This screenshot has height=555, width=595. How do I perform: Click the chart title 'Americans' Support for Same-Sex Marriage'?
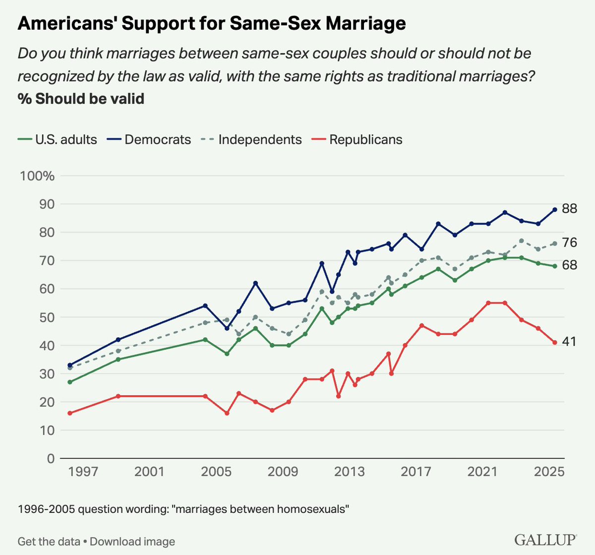pos(212,23)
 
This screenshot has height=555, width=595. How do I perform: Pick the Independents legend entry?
pos(253,140)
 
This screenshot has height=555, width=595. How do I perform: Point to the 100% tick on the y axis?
pos(37,176)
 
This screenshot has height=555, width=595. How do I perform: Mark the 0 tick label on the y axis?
pos(50,458)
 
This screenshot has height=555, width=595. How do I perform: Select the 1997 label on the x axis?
pos(82,471)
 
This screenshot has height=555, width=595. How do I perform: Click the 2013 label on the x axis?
pos(349,471)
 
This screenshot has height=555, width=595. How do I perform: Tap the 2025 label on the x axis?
pos(549,471)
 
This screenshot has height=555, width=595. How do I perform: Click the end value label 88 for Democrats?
pos(570,209)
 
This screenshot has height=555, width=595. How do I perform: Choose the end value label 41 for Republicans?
pos(569,342)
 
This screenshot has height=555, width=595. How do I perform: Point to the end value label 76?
pos(570,243)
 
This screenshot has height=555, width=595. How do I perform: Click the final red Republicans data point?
pos(555,342)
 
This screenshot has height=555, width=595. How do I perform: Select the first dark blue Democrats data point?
pos(70,365)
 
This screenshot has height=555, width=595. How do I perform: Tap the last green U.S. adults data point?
pos(555,266)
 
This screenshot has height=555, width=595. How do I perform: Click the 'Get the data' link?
pos(49,542)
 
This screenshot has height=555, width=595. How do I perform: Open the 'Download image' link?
pos(132,542)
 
